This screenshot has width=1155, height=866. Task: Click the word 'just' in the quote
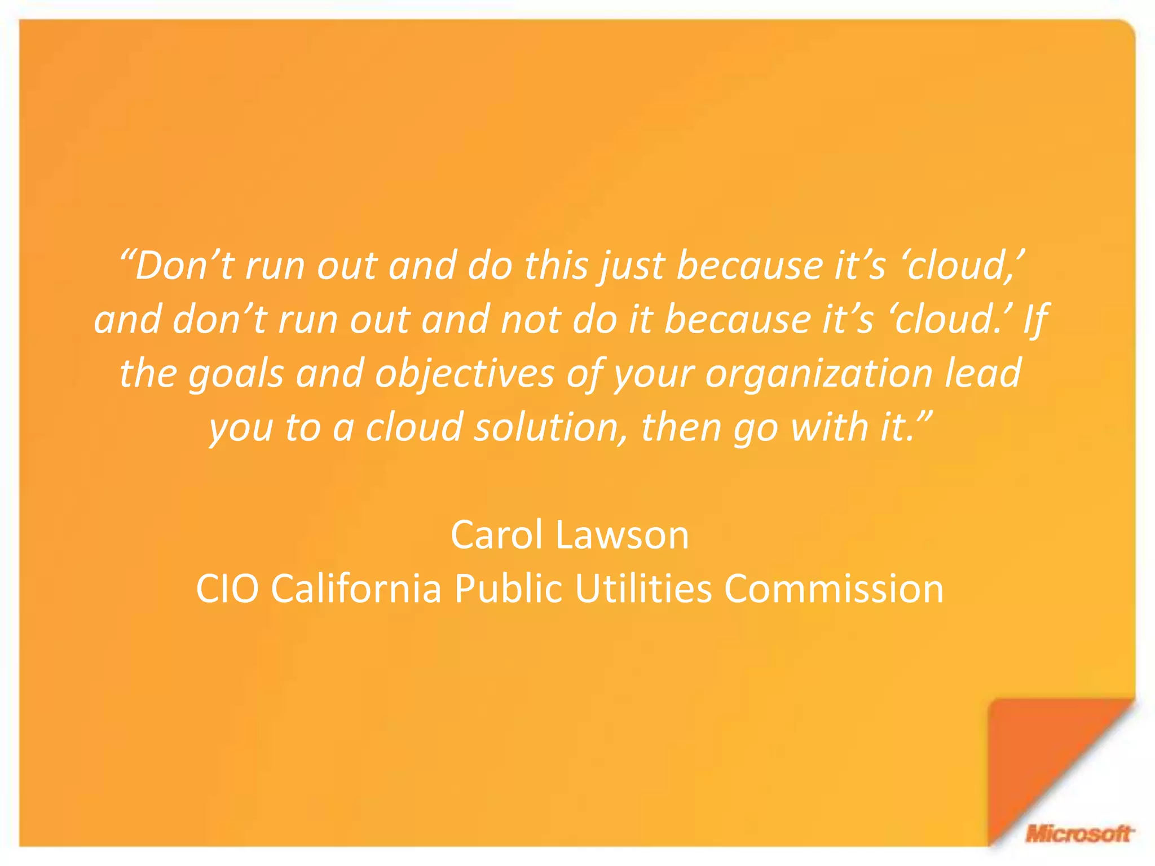pyautogui.click(x=632, y=266)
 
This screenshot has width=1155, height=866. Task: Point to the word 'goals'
pyautogui.click(x=235, y=374)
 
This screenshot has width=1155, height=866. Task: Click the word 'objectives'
pyautogui.click(x=464, y=374)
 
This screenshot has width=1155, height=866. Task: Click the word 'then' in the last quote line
pyautogui.click(x=681, y=427)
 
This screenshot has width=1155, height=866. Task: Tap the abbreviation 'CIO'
pyautogui.click(x=227, y=589)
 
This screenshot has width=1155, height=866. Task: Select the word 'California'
pyautogui.click(x=356, y=589)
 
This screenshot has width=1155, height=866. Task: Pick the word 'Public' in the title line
pyautogui.click(x=508, y=589)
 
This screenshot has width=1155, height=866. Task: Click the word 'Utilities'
pyautogui.click(x=643, y=589)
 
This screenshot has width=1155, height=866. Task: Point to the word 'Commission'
pyautogui.click(x=834, y=589)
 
